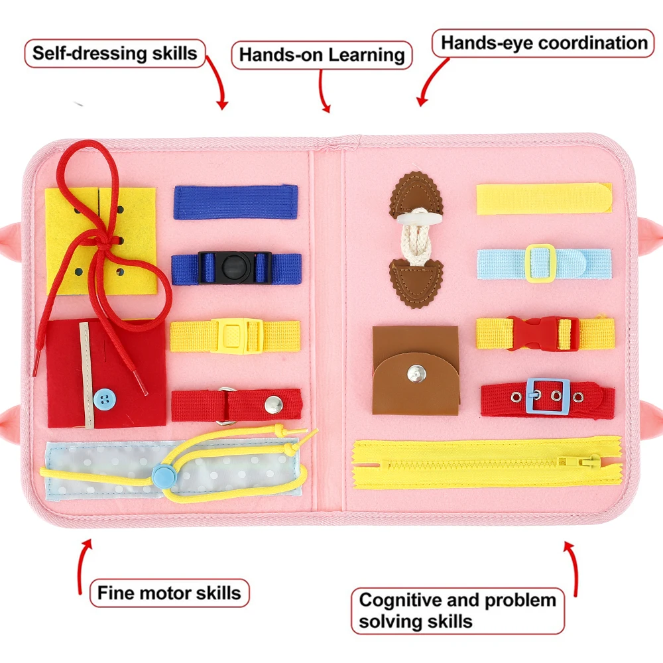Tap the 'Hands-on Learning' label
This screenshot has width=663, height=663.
point(322,55)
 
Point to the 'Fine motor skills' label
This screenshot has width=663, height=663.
point(169,592)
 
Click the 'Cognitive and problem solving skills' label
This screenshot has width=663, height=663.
point(457,611)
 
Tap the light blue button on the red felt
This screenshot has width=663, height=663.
point(103,398)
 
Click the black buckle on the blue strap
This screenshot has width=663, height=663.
point(235,267)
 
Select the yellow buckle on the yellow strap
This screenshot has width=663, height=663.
point(234,335)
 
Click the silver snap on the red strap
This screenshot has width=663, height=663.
point(271,402)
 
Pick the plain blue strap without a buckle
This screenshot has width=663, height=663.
point(235,202)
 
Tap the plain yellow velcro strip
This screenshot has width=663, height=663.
point(544,198)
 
